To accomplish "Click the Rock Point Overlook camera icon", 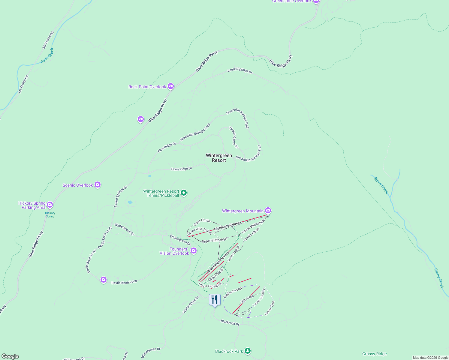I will tap(171, 86).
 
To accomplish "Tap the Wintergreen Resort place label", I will tap(219, 158).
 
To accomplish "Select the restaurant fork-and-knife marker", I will tap(215, 300).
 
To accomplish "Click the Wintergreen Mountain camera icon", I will tap(268, 211).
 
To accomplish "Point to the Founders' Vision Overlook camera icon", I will tap(194, 250).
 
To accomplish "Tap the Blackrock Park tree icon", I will tap(247, 351).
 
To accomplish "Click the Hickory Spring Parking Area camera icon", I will tap(50, 205).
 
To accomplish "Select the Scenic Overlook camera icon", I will tap(97, 185).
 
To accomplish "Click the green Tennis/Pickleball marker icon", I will tap(184, 193).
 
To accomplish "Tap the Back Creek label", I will tap(47, 55).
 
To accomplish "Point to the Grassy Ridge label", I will tap(374, 354).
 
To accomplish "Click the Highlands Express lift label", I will tap(228, 226).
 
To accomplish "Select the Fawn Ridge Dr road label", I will tap(181, 169).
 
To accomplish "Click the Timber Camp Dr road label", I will tap(234, 137).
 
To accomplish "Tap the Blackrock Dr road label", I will tap(230, 322).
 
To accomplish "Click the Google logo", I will tap(10, 356).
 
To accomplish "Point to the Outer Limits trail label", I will tap(202, 222).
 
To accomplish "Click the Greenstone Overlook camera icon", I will tap(316, 1).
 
